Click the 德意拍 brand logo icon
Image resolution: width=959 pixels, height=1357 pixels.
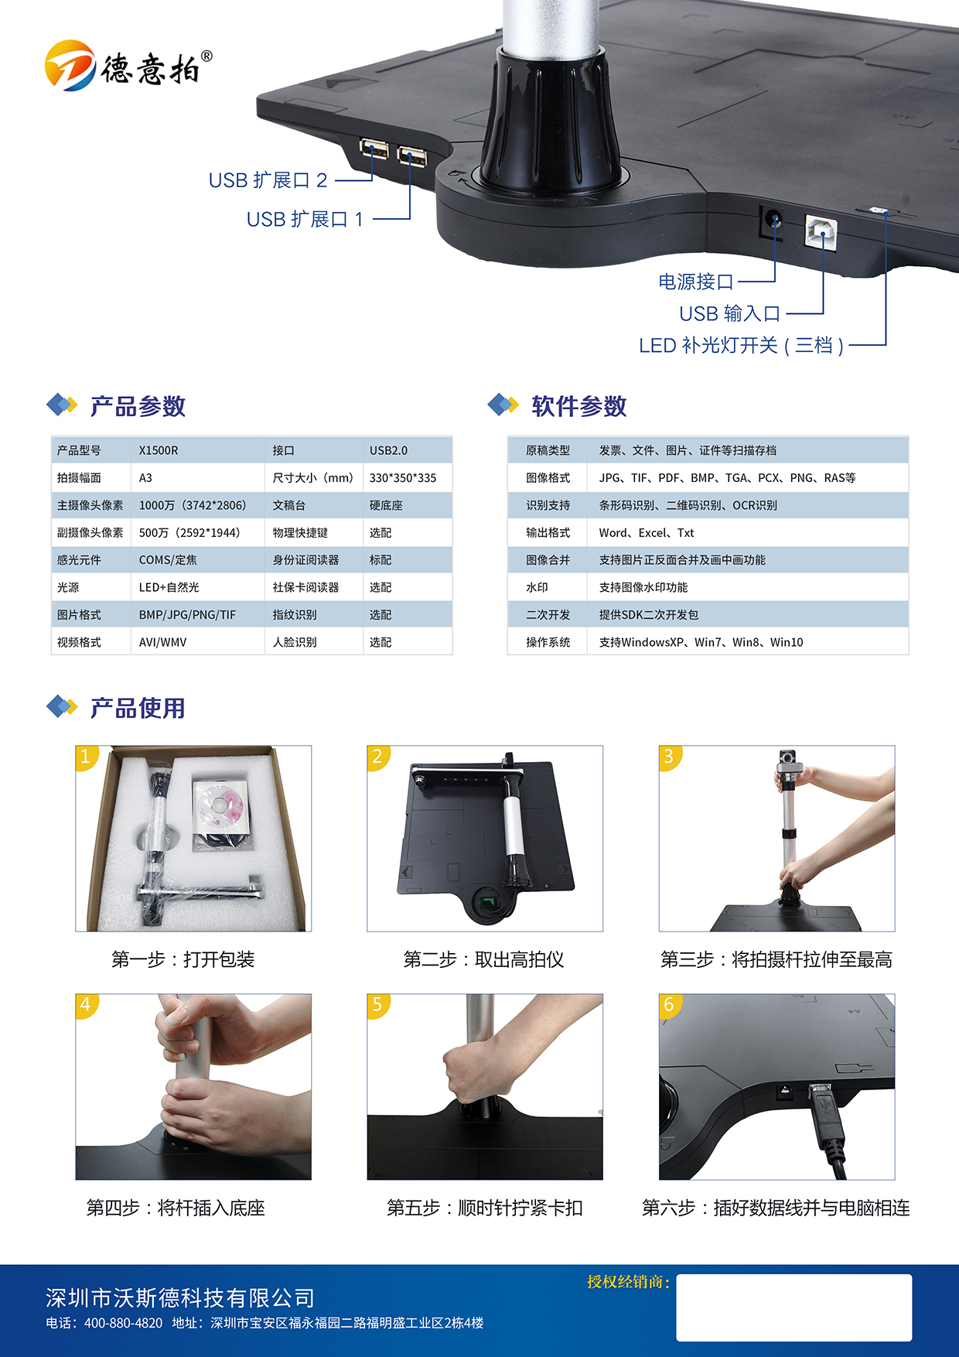coord(70,65)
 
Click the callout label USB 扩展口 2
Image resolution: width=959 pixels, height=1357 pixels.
coord(268,180)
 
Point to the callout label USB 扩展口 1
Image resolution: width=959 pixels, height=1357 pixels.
coord(305,220)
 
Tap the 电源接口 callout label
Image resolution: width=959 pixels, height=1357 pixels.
coord(695,282)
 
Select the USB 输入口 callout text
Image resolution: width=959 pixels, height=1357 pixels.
coord(729,313)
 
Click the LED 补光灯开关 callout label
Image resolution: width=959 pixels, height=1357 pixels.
coord(741,345)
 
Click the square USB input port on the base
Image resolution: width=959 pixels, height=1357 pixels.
coord(821,231)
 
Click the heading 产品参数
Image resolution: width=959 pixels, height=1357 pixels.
coord(138,406)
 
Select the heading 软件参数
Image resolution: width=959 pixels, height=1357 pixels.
coord(578,406)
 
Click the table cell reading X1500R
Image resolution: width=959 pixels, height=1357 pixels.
coord(159,450)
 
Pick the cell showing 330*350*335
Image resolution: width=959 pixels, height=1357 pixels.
coord(403,478)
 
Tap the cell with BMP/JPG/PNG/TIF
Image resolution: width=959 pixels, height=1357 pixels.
coord(187,615)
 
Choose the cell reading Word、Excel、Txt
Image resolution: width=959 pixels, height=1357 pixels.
coord(647,533)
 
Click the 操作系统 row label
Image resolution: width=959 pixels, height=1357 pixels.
coord(548,642)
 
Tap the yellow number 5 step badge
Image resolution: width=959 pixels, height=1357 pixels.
coord(377,1005)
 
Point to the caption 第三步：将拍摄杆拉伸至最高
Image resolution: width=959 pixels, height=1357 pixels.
coord(776,960)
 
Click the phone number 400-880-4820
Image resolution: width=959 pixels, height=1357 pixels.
coord(124,1323)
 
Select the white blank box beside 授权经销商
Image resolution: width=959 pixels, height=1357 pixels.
coord(794,1307)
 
